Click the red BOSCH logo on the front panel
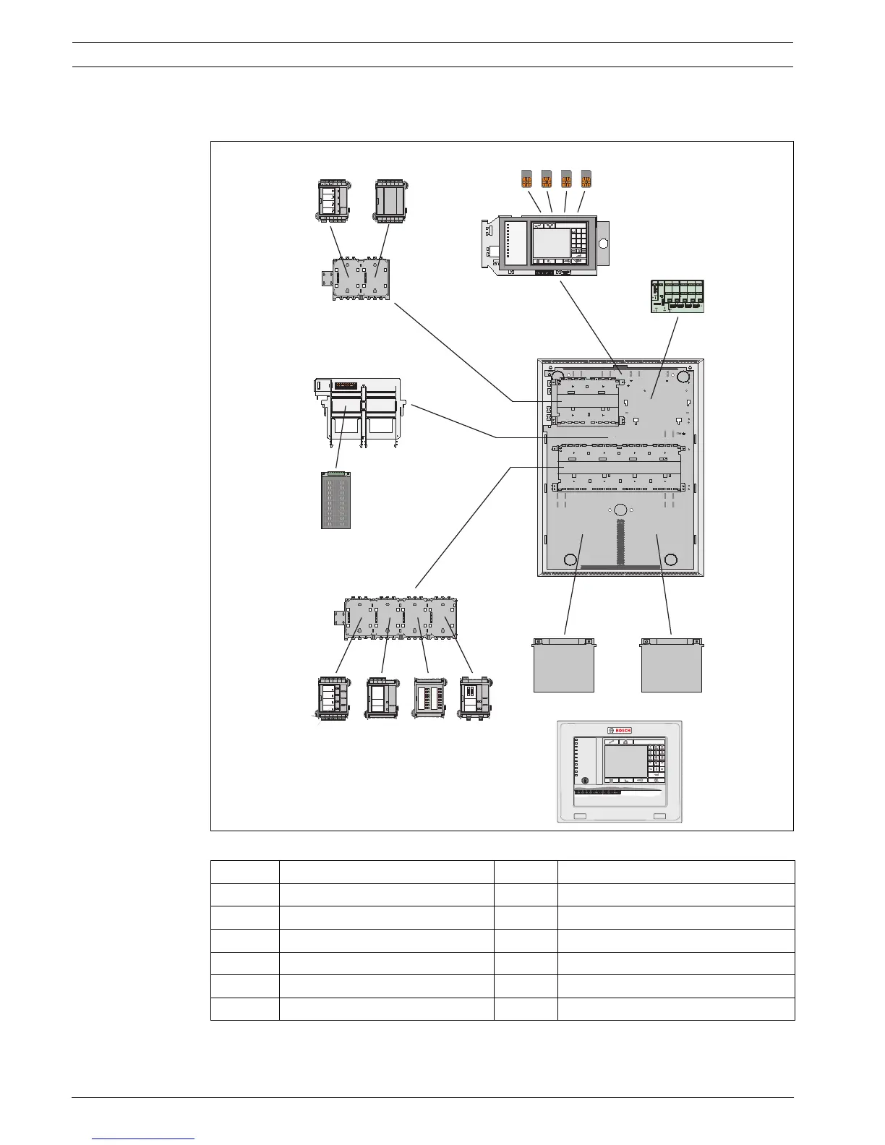[x=620, y=730]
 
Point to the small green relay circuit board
[x=677, y=296]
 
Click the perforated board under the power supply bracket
[x=335, y=500]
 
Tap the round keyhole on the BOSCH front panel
[x=584, y=781]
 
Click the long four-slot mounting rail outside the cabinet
[x=398, y=617]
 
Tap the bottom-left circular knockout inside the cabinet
[x=570, y=559]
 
